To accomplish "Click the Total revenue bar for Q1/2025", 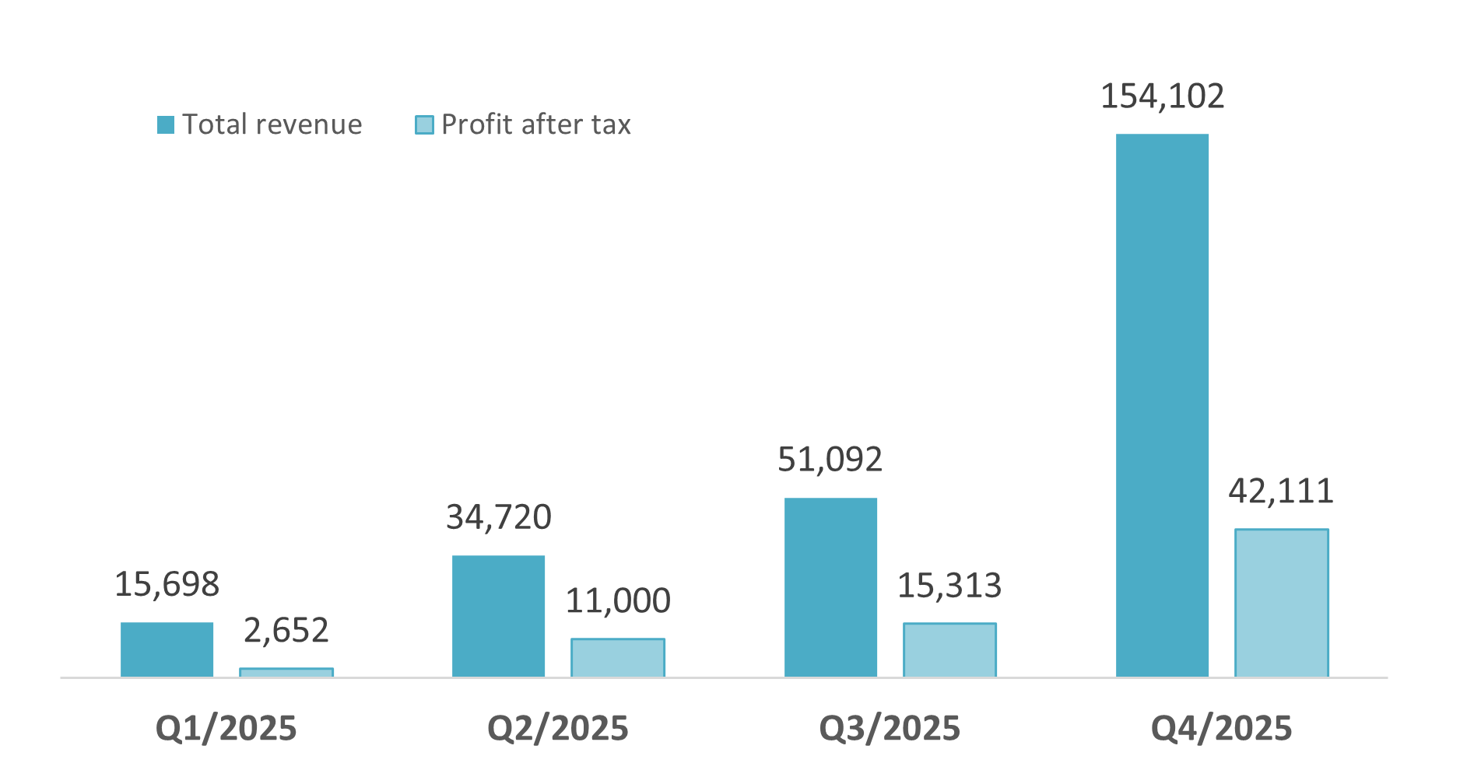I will [167, 649].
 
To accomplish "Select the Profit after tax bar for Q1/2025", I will [286, 673].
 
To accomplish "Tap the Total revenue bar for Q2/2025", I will [498, 616].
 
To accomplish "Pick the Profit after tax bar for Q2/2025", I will [618, 658].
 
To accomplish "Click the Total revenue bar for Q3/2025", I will [830, 587].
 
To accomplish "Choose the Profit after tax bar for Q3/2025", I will [949, 650].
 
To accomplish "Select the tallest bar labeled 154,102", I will [1162, 404].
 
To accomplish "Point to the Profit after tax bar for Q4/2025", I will [1281, 603].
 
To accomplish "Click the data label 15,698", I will [167, 585].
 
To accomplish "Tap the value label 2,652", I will [286, 630].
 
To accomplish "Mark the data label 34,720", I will [498, 518].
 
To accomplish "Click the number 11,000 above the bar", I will [618, 601].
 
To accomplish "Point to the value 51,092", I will [830, 460].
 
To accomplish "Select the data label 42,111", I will [1281, 492].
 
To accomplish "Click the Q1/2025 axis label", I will [226, 729].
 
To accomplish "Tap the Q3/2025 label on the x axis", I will [890, 729].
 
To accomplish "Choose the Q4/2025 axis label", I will [1221, 729].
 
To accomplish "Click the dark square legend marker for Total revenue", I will [166, 124].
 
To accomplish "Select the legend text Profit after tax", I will [535, 124].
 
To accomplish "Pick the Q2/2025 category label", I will [557, 729].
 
